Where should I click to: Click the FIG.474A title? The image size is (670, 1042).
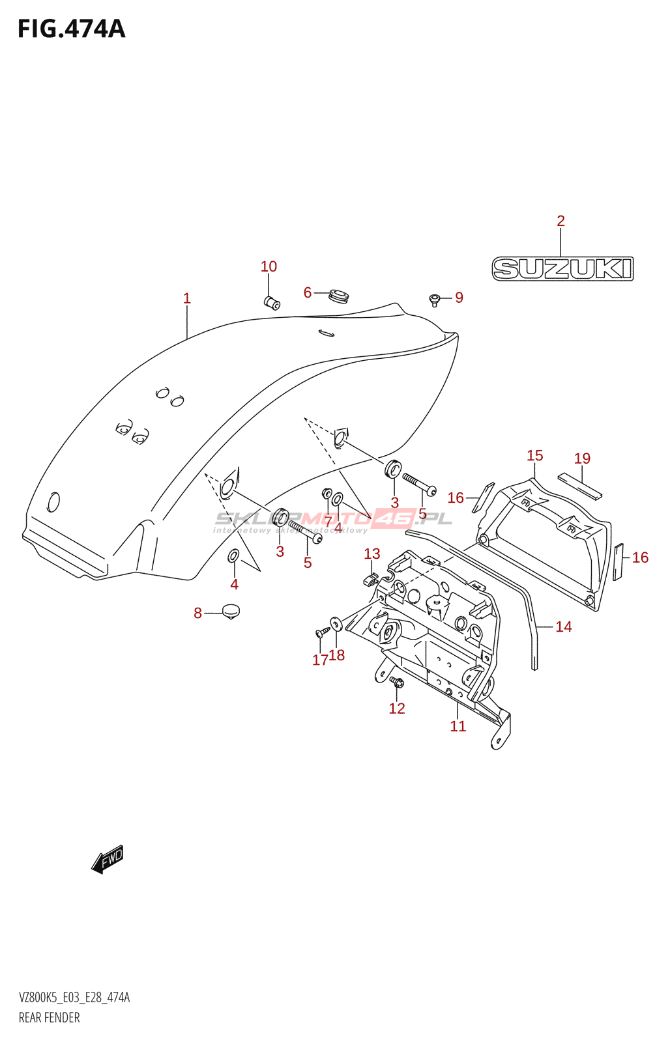[x=71, y=29]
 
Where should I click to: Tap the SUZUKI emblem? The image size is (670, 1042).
[x=562, y=269]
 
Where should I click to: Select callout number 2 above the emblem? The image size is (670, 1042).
[x=561, y=221]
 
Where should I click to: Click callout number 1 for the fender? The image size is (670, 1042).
[x=187, y=298]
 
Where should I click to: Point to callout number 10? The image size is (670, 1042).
[x=269, y=266]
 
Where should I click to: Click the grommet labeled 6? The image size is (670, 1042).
[x=338, y=295]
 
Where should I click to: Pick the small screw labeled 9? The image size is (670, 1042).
[x=435, y=300]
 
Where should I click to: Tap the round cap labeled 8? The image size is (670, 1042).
[x=231, y=611]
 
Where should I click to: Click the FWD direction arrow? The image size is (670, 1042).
[x=108, y=859]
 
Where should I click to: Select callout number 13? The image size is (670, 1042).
[x=371, y=554]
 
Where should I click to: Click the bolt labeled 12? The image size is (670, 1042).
[x=396, y=683]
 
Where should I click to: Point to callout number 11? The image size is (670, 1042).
[x=458, y=726]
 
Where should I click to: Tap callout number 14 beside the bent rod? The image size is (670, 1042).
[x=563, y=627]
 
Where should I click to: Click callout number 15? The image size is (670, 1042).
[x=534, y=455]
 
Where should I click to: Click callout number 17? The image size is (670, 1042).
[x=319, y=660]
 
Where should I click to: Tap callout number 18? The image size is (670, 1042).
[x=337, y=655]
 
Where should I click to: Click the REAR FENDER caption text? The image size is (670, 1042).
[x=50, y=1017]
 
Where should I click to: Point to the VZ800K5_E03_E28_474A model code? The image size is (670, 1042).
[x=74, y=998]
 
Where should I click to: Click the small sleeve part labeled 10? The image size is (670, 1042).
[x=272, y=303]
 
